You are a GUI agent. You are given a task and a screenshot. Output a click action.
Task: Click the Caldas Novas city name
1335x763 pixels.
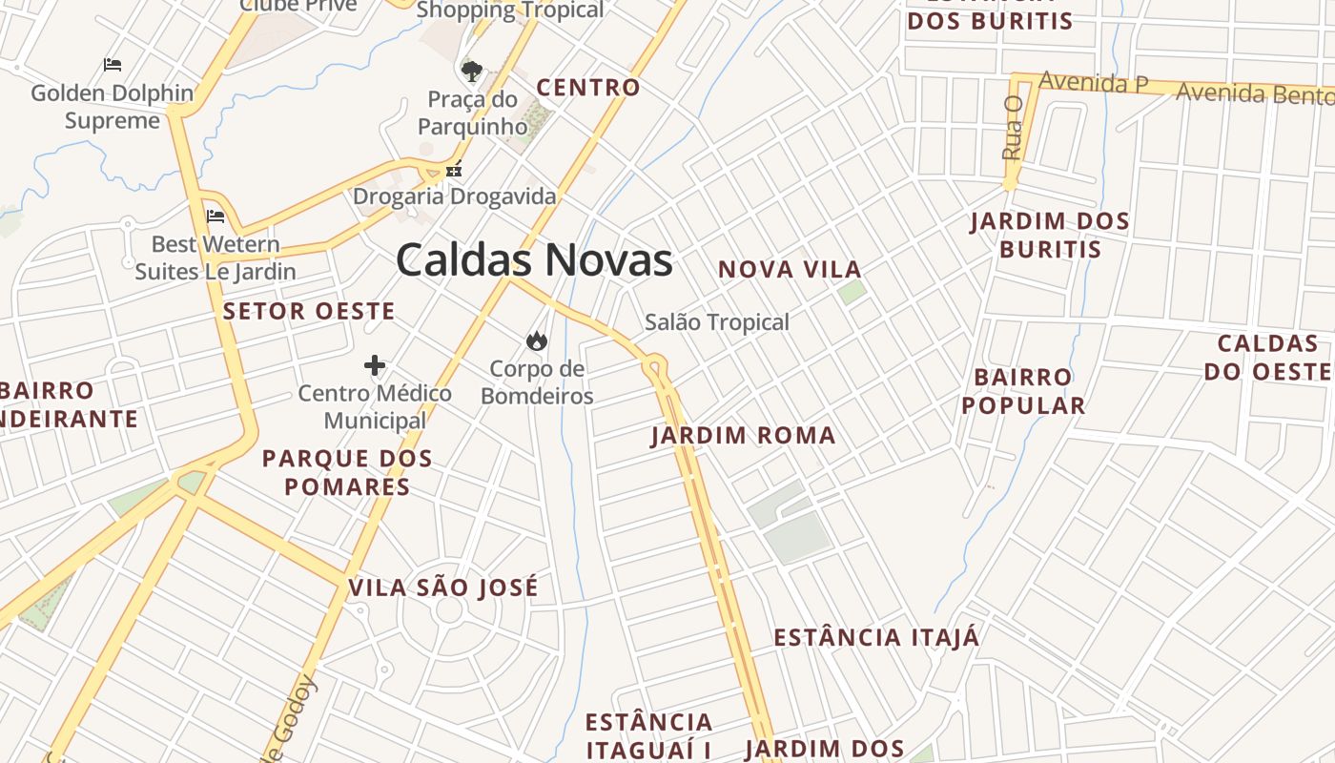pos(534,259)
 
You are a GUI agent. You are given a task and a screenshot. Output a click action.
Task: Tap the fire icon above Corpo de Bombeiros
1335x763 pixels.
pos(537,340)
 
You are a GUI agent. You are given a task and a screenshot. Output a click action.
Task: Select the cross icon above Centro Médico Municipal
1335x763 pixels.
pos(375,365)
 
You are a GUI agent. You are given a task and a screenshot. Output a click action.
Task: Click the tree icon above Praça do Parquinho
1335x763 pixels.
pos(471,71)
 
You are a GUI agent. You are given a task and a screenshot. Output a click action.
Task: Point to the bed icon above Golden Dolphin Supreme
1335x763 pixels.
pos(113,65)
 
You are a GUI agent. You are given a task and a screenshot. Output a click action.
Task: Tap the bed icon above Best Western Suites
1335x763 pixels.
pos(216,216)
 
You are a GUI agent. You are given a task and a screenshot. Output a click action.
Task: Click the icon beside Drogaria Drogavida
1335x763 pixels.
pos(454,170)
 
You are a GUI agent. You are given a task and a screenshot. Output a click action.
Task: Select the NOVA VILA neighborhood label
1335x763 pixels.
pos(790,270)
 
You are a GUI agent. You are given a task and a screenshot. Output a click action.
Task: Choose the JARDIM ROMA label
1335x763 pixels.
pos(743,436)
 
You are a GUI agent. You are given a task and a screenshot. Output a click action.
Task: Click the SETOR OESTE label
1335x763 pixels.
pos(309,311)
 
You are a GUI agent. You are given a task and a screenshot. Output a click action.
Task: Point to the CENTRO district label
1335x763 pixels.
pos(588,88)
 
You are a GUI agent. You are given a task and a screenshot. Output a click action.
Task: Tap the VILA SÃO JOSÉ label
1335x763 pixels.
pos(443,588)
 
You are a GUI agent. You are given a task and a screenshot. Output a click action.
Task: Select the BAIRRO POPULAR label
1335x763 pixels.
pos(1023,391)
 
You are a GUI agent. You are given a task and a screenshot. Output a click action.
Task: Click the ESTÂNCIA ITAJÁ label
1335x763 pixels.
pos(876,637)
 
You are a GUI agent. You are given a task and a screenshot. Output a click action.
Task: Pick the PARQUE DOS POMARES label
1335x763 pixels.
pos(347,472)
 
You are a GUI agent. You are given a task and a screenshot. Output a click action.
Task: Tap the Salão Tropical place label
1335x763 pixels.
pos(717,322)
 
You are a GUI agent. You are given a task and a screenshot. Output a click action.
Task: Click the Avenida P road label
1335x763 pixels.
pos(1093,83)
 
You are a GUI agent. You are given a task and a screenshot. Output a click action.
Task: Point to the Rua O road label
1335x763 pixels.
pos(1012,127)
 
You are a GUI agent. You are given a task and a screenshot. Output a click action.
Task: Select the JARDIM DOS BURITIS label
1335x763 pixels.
pos(1049,236)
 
